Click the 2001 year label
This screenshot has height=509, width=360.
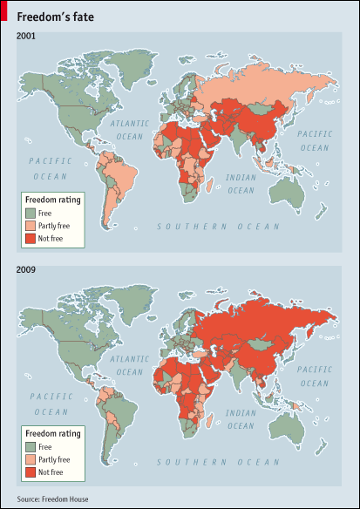click(x=26, y=35)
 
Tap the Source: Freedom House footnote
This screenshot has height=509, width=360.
click(x=52, y=499)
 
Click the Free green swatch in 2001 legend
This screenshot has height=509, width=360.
click(x=30, y=213)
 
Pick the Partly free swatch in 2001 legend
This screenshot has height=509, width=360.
click(x=30, y=225)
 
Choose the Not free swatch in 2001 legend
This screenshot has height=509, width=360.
click(x=30, y=237)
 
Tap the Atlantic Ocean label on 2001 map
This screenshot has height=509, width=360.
click(x=131, y=131)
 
